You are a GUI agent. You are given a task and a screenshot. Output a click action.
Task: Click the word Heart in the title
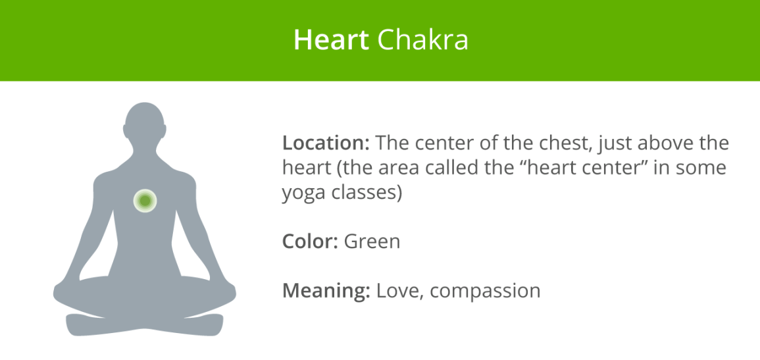coord(330,40)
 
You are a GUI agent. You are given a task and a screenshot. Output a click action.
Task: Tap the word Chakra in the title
coord(422,40)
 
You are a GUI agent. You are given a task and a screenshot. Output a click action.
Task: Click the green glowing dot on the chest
coord(144,200)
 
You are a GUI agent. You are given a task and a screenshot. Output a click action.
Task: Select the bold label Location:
coord(326,143)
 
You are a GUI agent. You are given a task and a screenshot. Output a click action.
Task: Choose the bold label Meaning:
coord(326,290)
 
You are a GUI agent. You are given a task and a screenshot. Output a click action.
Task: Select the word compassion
coord(486,290)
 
